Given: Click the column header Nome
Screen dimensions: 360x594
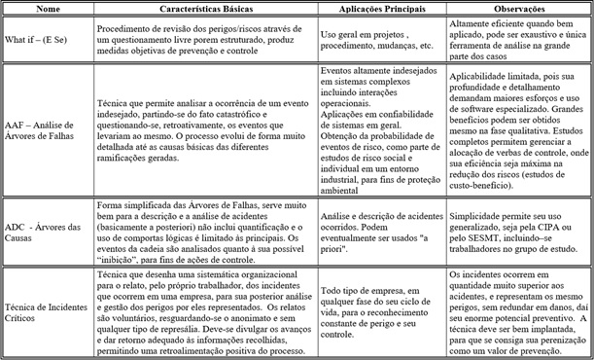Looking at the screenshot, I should [x=43, y=8].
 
